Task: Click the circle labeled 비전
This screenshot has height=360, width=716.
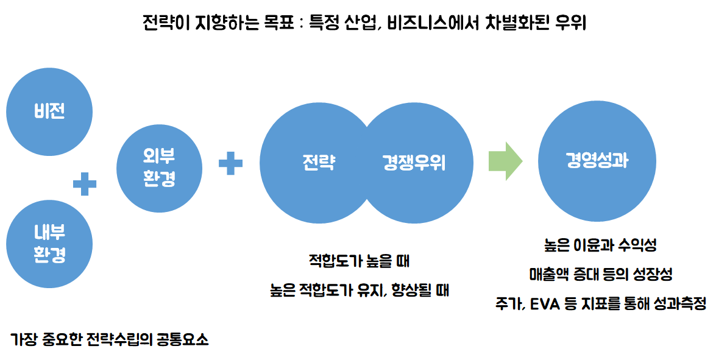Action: [x=49, y=112]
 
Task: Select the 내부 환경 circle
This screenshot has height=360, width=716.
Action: [x=49, y=244]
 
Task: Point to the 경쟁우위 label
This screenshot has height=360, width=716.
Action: [x=414, y=163]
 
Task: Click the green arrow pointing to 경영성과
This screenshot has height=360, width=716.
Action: [x=505, y=161]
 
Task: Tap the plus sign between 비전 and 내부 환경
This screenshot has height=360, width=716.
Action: [x=85, y=183]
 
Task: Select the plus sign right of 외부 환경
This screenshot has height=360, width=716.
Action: [x=230, y=163]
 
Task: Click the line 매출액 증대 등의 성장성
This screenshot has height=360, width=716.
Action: [x=600, y=274]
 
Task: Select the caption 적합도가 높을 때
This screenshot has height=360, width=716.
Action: [x=359, y=262]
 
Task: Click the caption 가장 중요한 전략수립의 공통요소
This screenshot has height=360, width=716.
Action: [x=110, y=339]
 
